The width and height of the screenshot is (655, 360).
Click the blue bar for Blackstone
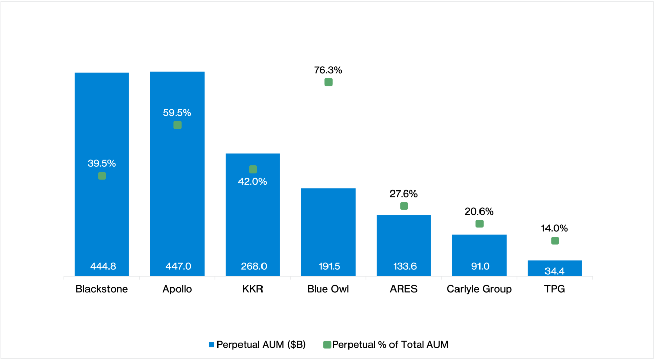point(102,220)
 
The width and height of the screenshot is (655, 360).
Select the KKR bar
point(253,225)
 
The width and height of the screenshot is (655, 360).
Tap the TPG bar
point(555,268)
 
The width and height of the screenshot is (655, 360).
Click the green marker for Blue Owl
point(329,82)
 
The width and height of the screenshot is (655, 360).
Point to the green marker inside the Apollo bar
point(178,125)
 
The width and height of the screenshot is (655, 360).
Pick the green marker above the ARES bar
point(404,206)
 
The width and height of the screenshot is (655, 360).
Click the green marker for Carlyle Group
point(479,224)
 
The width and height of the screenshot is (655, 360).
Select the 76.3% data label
point(329,70)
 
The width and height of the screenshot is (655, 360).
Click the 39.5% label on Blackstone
point(102,164)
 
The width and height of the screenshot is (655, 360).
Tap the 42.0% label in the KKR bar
point(253,182)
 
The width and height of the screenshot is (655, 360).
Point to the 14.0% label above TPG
point(555,228)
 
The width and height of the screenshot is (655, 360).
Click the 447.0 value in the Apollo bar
point(178,266)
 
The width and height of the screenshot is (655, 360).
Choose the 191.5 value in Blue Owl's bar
point(329,266)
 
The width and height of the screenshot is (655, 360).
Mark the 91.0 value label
point(479,266)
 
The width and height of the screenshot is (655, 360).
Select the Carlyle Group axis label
point(479,289)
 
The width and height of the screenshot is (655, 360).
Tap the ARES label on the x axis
point(404,289)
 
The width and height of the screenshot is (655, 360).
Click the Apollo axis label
point(178,289)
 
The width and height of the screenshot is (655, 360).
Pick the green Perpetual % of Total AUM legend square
point(327,345)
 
